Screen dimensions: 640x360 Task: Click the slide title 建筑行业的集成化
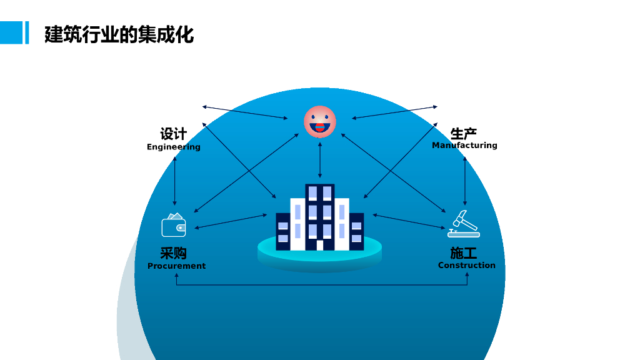(119, 34)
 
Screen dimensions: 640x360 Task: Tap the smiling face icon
(319, 121)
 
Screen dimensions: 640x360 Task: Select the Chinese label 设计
(173, 134)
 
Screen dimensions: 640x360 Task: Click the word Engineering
(174, 147)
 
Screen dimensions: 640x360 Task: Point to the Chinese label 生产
(464, 133)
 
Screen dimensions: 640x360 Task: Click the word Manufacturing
(464, 145)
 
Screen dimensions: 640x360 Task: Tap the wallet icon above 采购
(174, 226)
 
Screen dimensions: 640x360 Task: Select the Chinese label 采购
(173, 253)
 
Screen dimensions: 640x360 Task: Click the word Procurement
(176, 266)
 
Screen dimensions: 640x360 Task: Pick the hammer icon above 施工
(463, 224)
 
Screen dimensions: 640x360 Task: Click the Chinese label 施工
(464, 252)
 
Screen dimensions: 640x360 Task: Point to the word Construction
(466, 265)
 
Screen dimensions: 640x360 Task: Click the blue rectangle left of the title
(11, 32)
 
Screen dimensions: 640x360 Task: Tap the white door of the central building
(320, 245)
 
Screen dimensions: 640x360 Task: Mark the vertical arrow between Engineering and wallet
(174, 181)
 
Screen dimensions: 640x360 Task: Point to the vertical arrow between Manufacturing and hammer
(464, 181)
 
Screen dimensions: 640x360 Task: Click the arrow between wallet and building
(231, 221)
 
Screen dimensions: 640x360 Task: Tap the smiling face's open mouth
(319, 127)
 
